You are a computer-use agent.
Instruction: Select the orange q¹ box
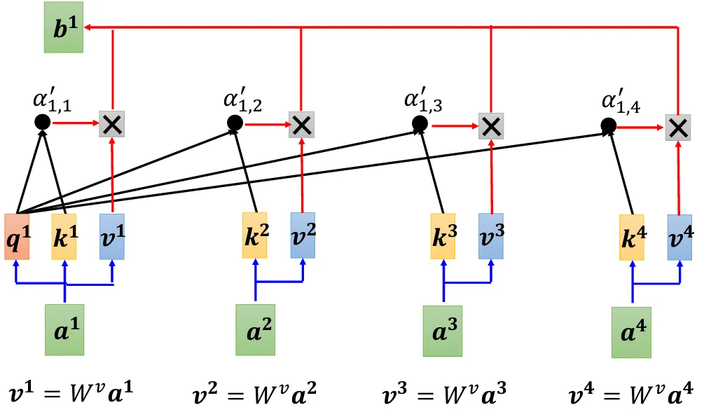point(17,236)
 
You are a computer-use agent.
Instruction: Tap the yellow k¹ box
point(64,236)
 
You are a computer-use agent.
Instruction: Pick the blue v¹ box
point(111,236)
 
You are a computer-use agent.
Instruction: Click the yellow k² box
point(255,236)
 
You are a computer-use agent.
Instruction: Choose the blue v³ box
point(491,236)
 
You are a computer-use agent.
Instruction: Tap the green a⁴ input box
point(631,331)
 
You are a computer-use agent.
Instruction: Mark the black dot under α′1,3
point(419,124)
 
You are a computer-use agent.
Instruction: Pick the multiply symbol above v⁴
point(677,128)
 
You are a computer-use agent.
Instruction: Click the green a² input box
point(255,329)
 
